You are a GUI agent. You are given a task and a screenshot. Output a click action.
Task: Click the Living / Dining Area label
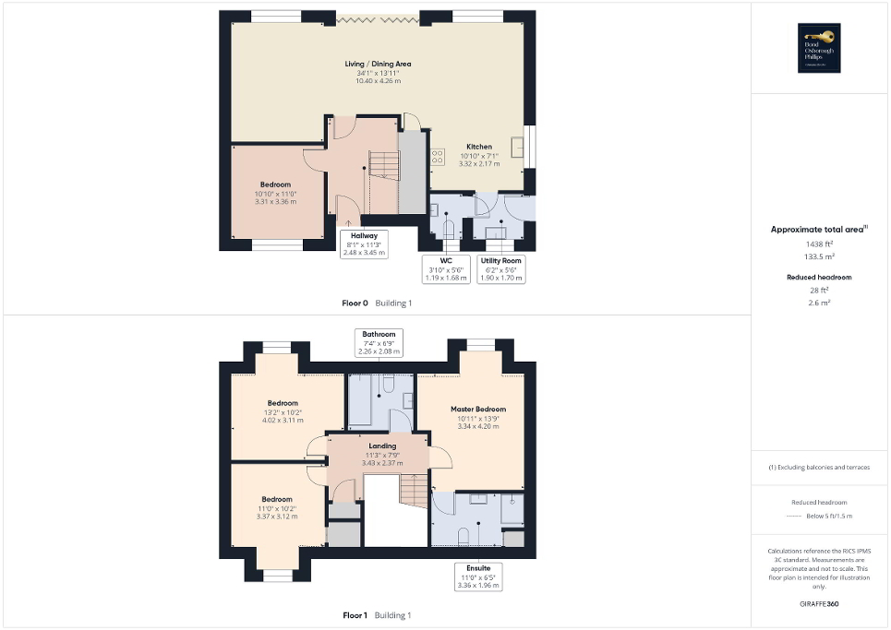tap(378, 65)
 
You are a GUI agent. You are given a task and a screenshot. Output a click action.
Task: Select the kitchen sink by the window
tap(518, 148)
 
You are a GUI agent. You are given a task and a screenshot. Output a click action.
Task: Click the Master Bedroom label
tap(478, 409)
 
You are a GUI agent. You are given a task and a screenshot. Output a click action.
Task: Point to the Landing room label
tap(381, 446)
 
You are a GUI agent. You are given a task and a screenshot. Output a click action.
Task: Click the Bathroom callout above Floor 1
tap(379, 342)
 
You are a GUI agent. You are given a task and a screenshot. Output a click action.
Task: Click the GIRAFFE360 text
tap(821, 604)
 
